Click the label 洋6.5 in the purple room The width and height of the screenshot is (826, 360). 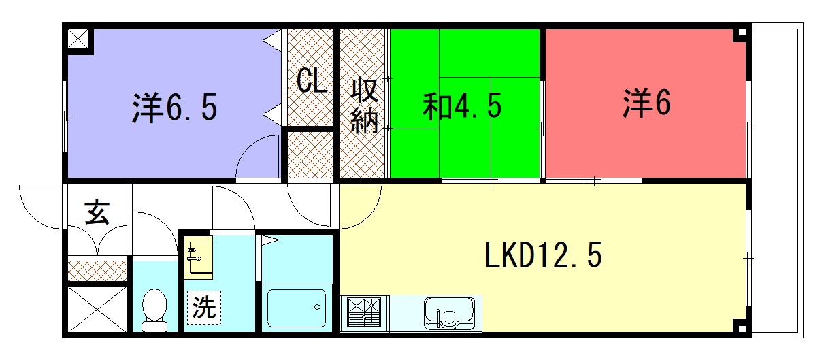click(175, 108)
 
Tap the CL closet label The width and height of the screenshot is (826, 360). click(312, 80)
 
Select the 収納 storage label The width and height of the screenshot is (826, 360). click(364, 105)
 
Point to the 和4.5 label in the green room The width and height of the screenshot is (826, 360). click(462, 106)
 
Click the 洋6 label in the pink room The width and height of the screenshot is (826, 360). click(646, 103)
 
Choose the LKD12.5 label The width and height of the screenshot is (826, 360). click(543, 255)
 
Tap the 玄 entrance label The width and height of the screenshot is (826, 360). click(97, 212)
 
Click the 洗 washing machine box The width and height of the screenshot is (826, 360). click(204, 307)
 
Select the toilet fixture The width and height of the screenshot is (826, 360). click(154, 310)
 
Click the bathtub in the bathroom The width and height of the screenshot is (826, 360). click(297, 308)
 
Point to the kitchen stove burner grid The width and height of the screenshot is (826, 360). click(364, 312)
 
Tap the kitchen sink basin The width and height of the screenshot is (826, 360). click(450, 314)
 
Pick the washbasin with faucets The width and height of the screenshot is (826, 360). click(199, 259)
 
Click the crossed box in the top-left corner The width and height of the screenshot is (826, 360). click(78, 39)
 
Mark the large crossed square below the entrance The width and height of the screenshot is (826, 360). click(97, 310)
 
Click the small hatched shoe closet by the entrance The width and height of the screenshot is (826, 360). click(97, 271)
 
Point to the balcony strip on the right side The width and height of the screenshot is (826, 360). click(777, 180)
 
